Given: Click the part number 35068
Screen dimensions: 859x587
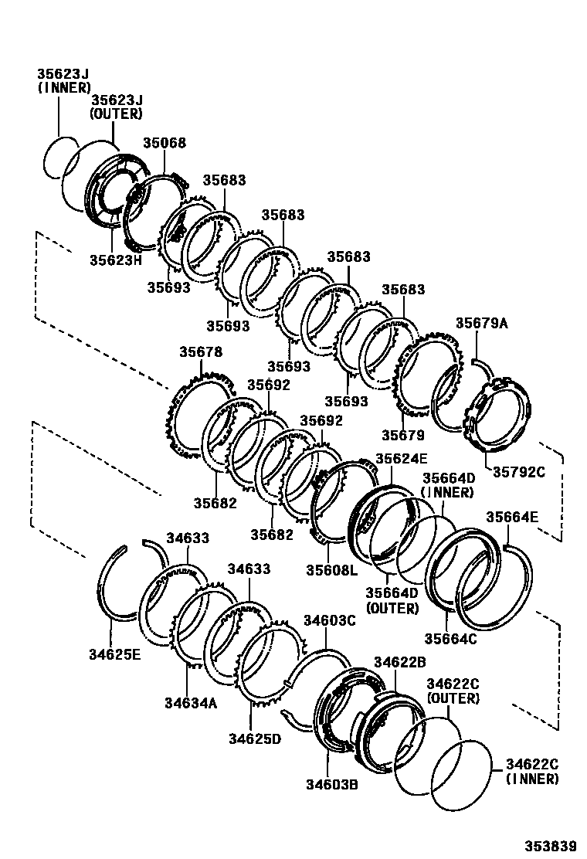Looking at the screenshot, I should point(165,144).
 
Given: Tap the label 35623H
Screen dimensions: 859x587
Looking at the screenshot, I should point(116,260).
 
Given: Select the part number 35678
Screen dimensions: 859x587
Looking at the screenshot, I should point(201,352).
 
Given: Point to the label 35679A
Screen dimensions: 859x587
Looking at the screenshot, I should point(481,324).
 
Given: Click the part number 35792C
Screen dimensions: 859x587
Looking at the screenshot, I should point(514,472).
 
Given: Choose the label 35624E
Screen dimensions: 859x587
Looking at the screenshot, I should point(401,459).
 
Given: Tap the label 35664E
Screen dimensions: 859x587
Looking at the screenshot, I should point(512,518).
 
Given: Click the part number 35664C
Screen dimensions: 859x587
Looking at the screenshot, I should point(450,638).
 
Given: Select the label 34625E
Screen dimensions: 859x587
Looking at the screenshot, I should point(114,655).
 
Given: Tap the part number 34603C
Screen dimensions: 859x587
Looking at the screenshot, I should point(328,620).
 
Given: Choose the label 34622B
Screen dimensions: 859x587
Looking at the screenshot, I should point(399,662).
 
